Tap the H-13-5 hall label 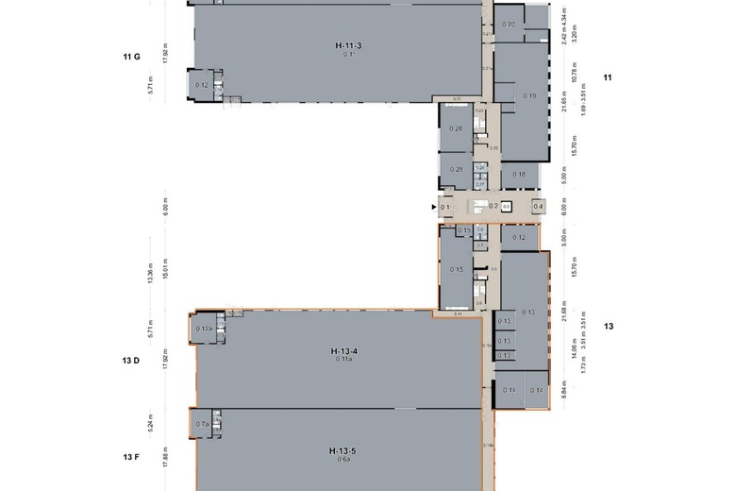(x=341, y=450)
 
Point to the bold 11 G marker (x=131, y=57)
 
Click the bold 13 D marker (x=131, y=360)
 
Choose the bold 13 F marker (x=131, y=457)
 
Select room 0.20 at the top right (x=509, y=24)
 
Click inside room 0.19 (x=529, y=95)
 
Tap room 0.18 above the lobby (x=518, y=175)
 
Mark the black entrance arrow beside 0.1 (x=434, y=207)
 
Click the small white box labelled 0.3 (x=506, y=207)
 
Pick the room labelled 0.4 (x=538, y=207)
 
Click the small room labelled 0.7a (x=202, y=425)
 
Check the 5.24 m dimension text (x=165, y=425)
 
